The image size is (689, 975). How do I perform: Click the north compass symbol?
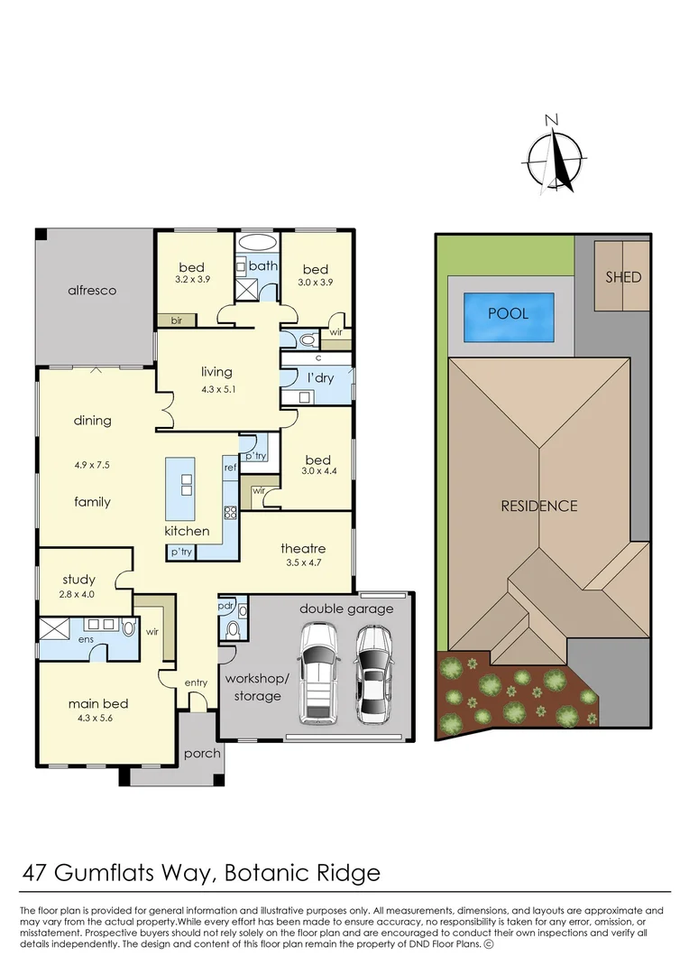[x=555, y=157]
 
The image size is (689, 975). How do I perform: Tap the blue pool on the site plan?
[x=509, y=317]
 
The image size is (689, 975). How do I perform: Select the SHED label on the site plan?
[x=623, y=277]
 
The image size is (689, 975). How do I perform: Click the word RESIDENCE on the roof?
[x=539, y=506]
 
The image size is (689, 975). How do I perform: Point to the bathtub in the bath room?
[x=258, y=243]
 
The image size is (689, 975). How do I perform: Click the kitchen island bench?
[x=180, y=488]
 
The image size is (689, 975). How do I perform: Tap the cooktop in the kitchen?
[x=231, y=513]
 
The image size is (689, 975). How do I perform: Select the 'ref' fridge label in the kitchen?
[x=231, y=467]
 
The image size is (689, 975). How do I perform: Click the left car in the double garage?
[x=318, y=673]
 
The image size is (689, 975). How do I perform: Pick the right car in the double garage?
[x=374, y=674]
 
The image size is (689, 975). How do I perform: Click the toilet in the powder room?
[x=233, y=630]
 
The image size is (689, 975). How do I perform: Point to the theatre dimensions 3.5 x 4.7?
[x=303, y=562]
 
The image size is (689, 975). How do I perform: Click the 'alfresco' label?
[x=92, y=291]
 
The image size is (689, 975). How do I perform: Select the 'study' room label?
[x=78, y=580]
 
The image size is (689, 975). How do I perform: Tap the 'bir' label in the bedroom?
[x=177, y=320]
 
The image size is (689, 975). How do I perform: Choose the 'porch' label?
[x=203, y=754]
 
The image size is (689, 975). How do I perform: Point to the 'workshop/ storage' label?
[x=257, y=688]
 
